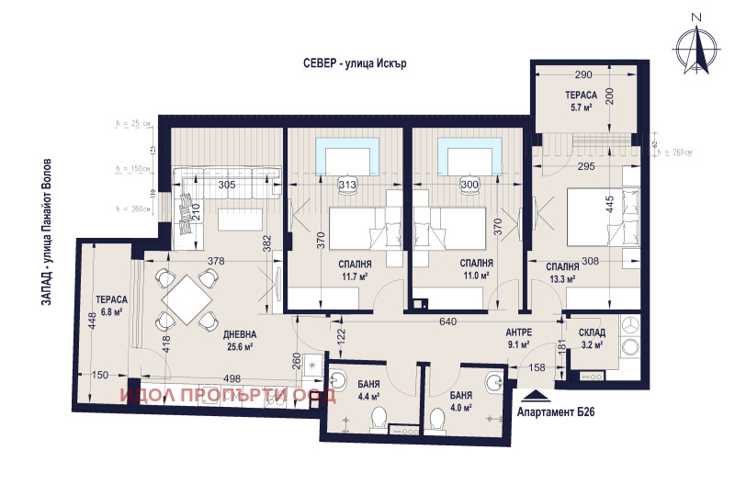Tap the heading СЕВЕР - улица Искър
pyautogui.click(x=354, y=63)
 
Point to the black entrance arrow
pyautogui.click(x=537, y=397)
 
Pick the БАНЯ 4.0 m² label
pyautogui.click(x=461, y=400)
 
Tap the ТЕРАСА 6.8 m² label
pyautogui.click(x=111, y=305)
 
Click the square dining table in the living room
pyautogui.click(x=187, y=298)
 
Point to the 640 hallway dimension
pyautogui.click(x=447, y=322)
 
